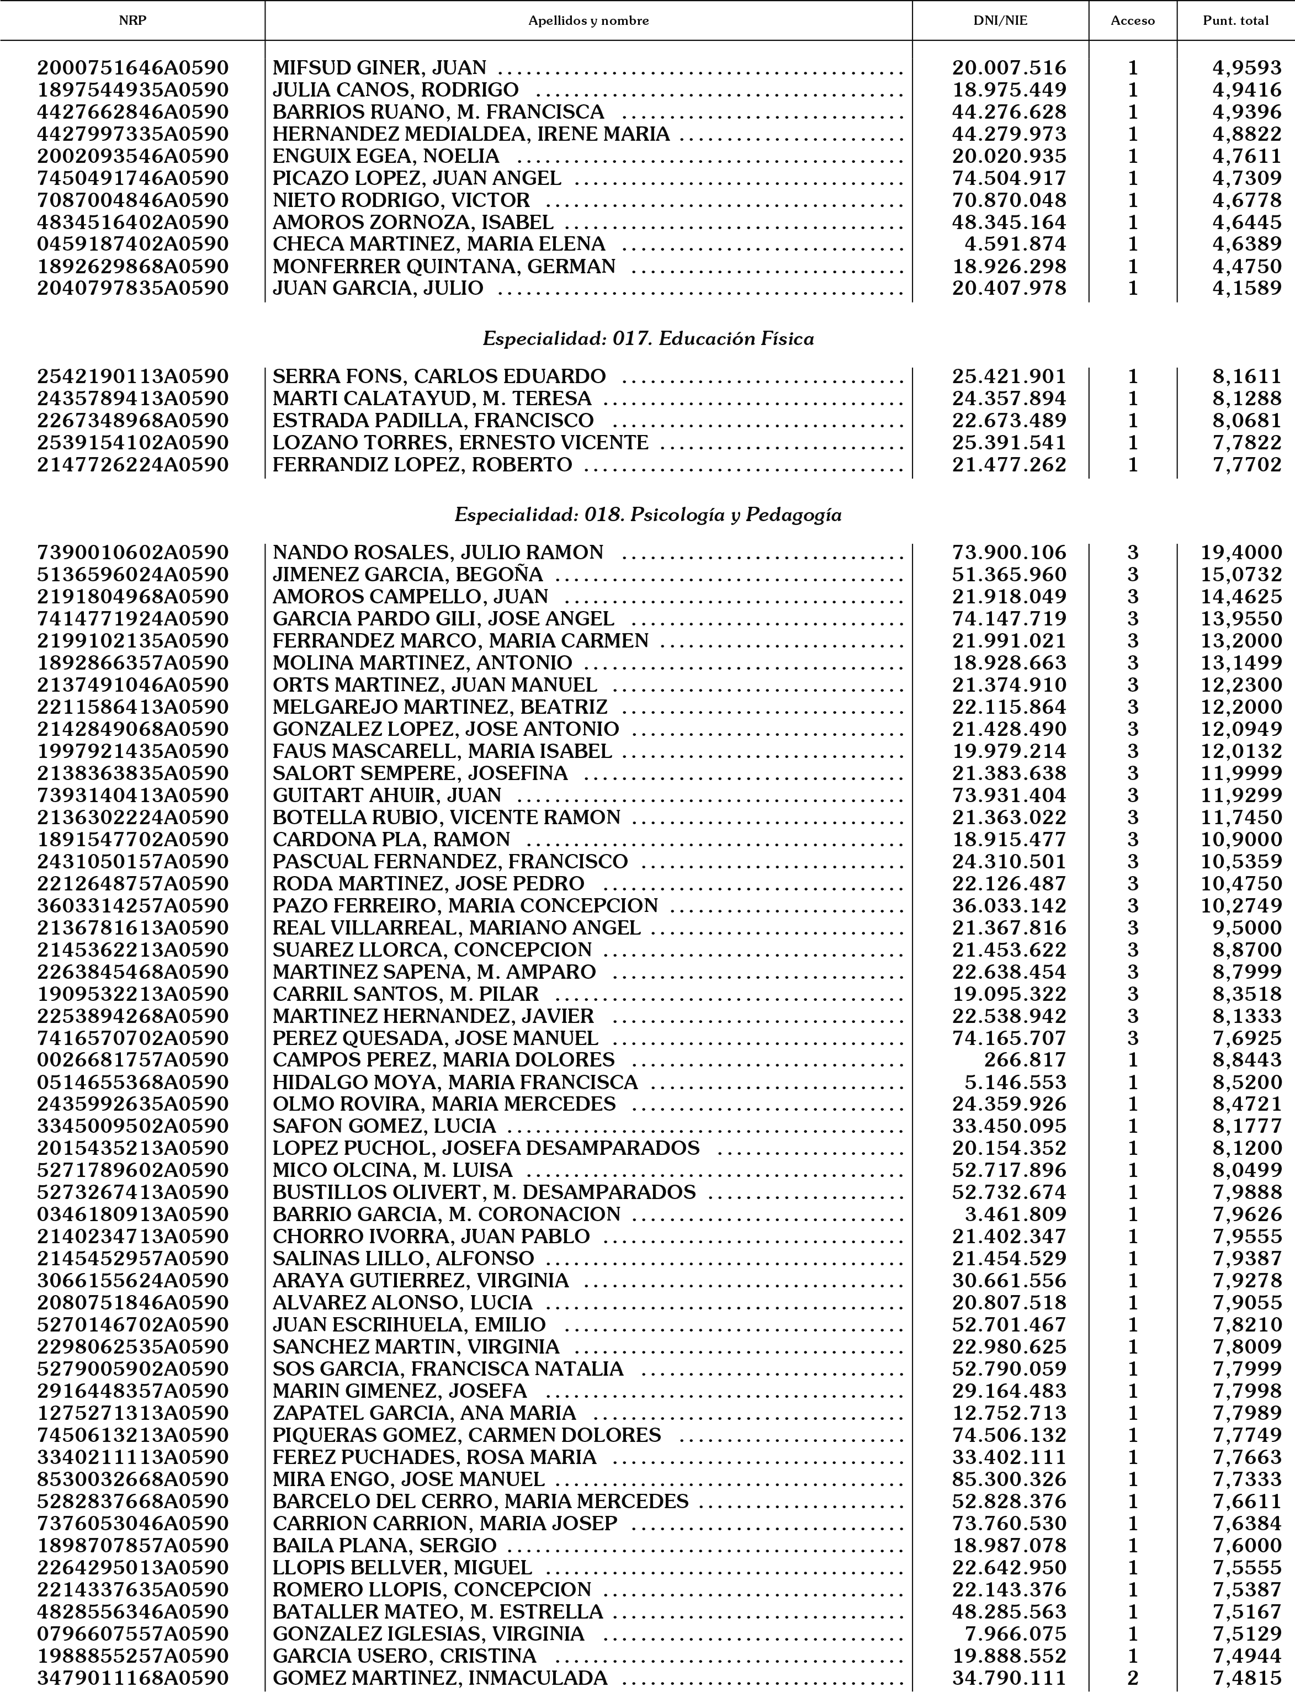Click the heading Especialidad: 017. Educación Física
647,339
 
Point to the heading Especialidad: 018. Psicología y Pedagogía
647,515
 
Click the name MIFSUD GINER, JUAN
379,68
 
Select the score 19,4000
1241,553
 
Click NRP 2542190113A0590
132,377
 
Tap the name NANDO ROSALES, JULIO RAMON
438,553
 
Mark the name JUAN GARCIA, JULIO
378,288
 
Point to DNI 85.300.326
1009,1479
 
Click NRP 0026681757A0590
132,1060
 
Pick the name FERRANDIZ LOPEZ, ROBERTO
422,465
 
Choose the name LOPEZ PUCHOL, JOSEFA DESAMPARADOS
486,1148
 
